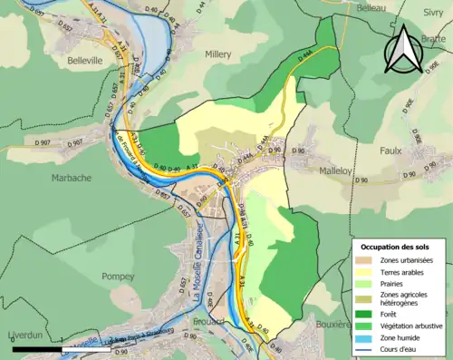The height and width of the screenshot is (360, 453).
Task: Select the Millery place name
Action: [x=219, y=54]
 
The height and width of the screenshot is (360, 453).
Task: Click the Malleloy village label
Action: [x=341, y=170]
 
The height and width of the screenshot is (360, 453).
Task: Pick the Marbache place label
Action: [x=72, y=178]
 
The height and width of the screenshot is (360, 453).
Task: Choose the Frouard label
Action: [x=208, y=322]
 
